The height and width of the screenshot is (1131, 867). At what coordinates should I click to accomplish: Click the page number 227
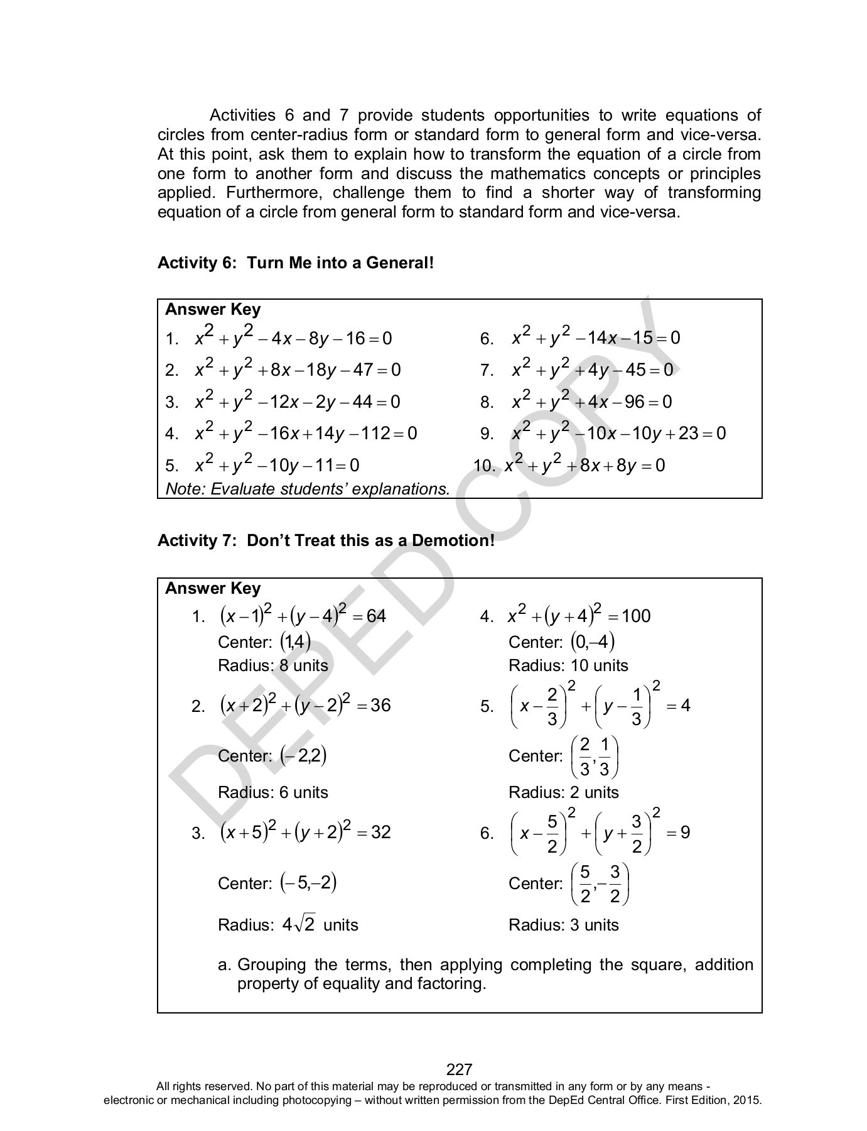click(459, 1069)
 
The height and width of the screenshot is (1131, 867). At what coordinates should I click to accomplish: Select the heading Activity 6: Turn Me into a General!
click(296, 263)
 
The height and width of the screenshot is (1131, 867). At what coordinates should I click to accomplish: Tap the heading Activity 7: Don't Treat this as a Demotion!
click(326, 540)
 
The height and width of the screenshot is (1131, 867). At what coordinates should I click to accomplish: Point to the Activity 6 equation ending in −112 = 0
click(306, 434)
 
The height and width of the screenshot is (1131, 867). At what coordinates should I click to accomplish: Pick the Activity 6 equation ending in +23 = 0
click(618, 434)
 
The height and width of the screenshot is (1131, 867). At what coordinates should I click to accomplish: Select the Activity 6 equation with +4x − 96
click(591, 402)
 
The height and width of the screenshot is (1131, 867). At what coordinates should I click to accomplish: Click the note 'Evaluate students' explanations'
click(308, 489)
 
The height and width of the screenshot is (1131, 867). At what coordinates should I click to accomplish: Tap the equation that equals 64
click(303, 616)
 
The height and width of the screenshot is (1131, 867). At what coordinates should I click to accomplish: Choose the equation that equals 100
click(579, 616)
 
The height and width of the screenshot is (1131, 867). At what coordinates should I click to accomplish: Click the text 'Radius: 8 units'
click(272, 665)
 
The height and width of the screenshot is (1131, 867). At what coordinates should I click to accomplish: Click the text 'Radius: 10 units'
click(568, 665)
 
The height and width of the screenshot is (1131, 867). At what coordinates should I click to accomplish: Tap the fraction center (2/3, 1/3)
click(595, 756)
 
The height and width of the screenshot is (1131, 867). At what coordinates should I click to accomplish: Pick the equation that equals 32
click(305, 833)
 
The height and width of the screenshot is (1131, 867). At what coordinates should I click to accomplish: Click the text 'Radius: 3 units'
click(563, 925)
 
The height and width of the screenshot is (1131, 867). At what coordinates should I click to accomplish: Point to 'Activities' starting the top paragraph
click(242, 116)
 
